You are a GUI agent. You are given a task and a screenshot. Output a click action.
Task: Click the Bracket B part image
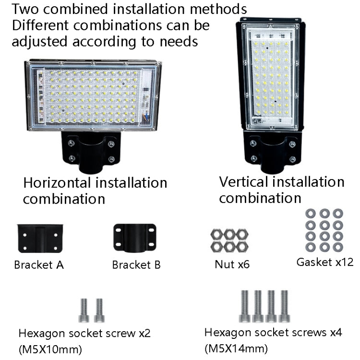click(x=134, y=238)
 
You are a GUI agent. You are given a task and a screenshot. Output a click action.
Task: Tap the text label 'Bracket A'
click(x=39, y=264)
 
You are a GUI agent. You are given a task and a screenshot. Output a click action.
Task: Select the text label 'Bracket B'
click(x=136, y=264)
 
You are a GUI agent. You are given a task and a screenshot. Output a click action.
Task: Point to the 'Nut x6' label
click(x=232, y=264)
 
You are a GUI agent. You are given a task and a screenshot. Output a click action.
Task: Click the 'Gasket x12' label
click(x=324, y=262)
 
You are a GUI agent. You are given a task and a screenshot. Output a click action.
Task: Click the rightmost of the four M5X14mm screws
click(x=284, y=306)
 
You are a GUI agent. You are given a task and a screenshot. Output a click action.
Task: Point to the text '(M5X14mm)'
click(x=236, y=348)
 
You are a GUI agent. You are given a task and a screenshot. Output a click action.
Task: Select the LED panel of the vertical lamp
click(x=270, y=77)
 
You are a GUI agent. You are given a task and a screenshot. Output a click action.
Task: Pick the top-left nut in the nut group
click(x=216, y=234)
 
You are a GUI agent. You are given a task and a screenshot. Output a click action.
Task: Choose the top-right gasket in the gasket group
click(x=337, y=213)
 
